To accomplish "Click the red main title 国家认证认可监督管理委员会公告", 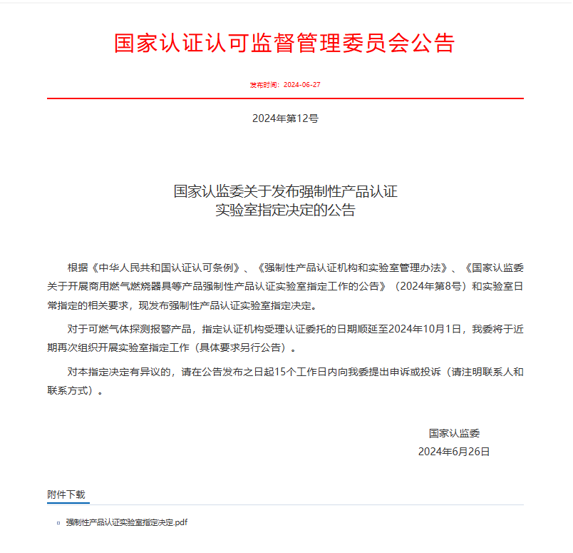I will (x=284, y=43).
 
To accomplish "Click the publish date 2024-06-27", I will (x=302, y=84).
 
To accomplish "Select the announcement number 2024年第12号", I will (x=285, y=118).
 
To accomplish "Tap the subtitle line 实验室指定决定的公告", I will (x=285, y=210).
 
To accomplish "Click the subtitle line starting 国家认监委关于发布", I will (x=285, y=191).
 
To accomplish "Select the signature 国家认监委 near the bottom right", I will (x=454, y=433).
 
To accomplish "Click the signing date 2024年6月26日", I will (x=454, y=452).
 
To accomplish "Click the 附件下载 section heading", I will (x=66, y=494).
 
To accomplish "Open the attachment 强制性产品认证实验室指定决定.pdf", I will (x=127, y=523).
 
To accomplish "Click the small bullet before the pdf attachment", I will (x=58, y=523).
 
